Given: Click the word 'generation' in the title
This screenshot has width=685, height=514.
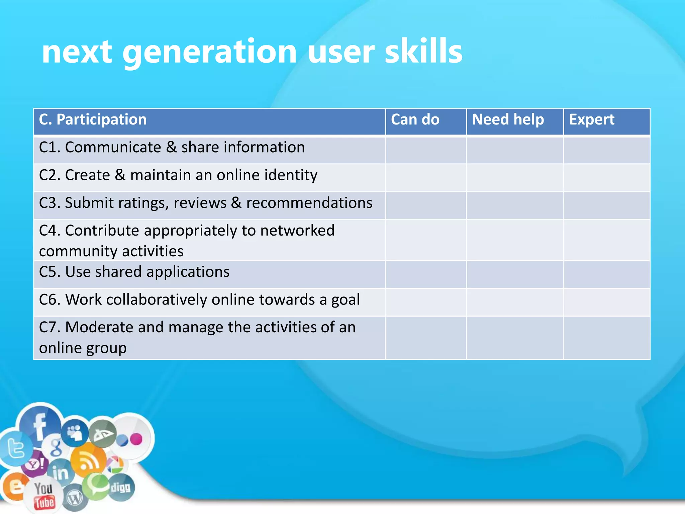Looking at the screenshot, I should click(209, 52).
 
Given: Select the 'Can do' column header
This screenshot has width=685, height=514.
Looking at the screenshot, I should click(415, 119).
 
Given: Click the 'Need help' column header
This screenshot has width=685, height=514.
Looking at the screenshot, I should click(508, 119).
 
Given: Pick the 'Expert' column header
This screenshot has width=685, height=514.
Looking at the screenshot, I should click(592, 119).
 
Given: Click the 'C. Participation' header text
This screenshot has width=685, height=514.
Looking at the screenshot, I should click(93, 119).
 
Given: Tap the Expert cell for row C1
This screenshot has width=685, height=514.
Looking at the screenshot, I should click(606, 150).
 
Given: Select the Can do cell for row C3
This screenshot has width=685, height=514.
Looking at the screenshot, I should click(426, 205).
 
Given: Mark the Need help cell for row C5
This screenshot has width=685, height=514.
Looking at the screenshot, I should click(515, 274).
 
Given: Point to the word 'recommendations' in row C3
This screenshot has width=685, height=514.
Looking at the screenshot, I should click(309, 203).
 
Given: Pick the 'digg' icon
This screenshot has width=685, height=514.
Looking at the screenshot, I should click(121, 488).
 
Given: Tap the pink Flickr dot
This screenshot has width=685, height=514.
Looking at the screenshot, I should click(136, 439).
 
